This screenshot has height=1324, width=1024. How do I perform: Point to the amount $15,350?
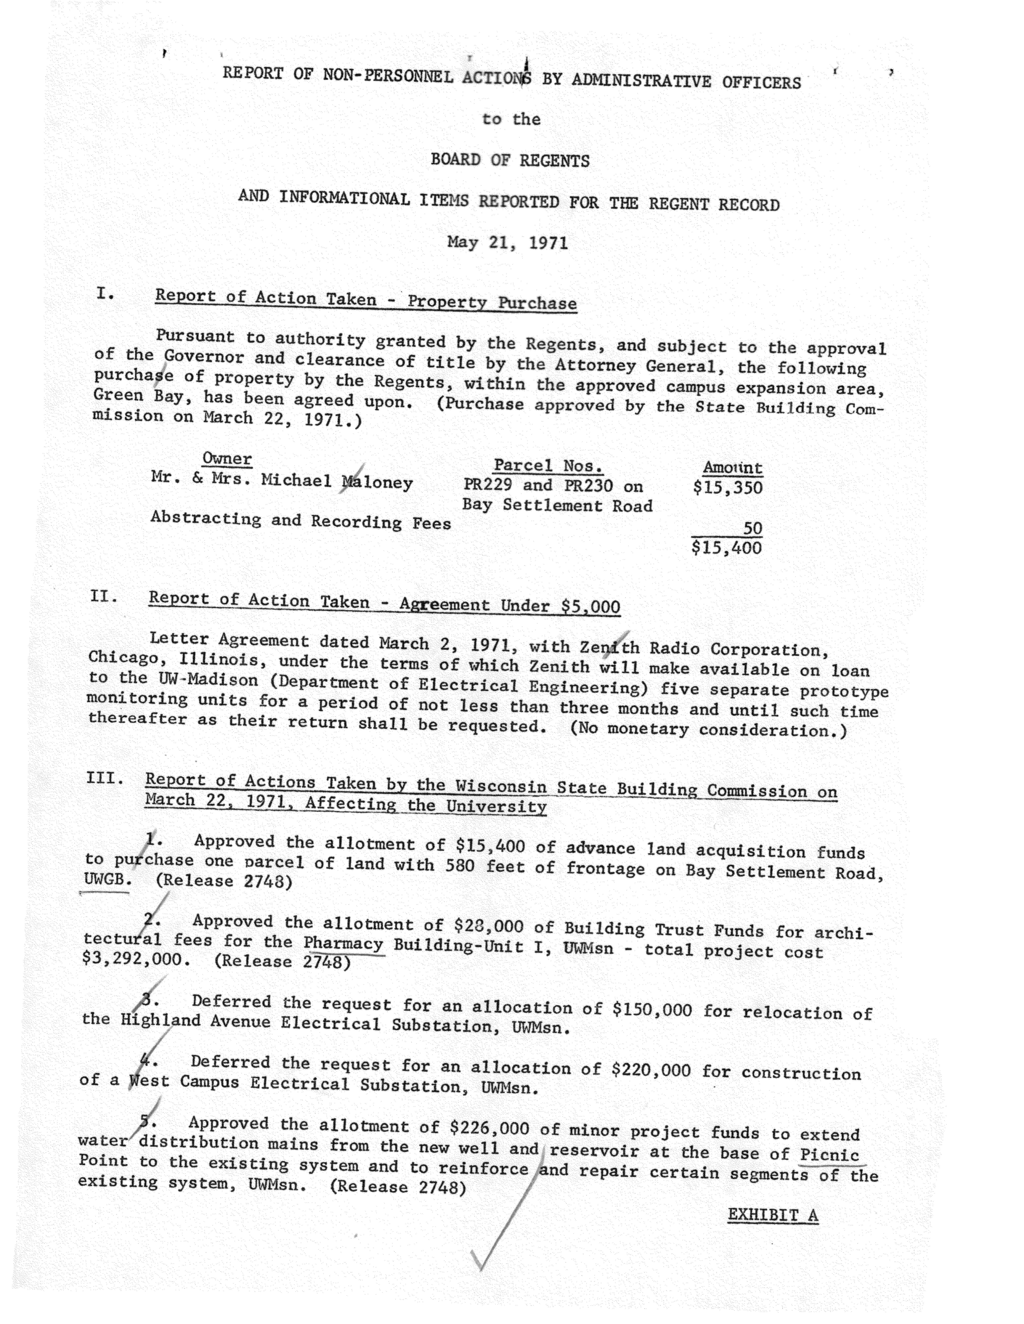[x=727, y=487]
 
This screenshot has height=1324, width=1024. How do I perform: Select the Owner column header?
[x=227, y=458]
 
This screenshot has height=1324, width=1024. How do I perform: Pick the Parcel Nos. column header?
[x=548, y=466]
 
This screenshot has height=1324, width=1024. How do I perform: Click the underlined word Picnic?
[x=829, y=1154]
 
